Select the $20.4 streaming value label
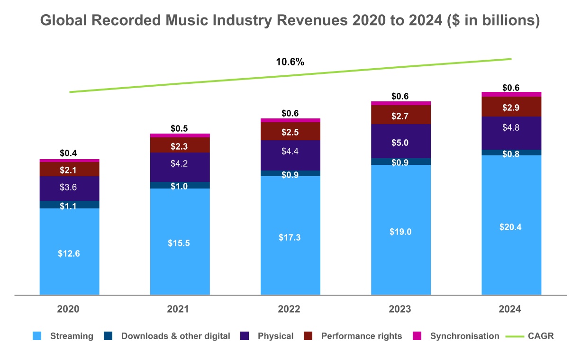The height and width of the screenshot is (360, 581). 511,227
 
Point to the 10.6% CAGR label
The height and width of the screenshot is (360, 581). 290,62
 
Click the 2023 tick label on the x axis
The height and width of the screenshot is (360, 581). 400,309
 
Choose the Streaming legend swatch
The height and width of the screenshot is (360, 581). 37,336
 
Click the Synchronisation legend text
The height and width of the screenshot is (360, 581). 464,336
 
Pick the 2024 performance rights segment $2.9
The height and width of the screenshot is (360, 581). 511,107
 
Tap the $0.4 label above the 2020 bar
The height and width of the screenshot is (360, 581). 69,153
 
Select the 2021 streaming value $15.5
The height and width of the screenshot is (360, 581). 180,243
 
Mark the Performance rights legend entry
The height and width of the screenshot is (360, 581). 361,336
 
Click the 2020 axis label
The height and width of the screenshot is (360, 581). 69,309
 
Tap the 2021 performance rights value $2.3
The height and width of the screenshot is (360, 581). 180,147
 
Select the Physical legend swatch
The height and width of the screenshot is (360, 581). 245,336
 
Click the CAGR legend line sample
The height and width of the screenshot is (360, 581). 514,336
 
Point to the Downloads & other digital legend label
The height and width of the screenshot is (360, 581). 175,336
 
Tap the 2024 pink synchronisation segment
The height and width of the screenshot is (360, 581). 511,94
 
